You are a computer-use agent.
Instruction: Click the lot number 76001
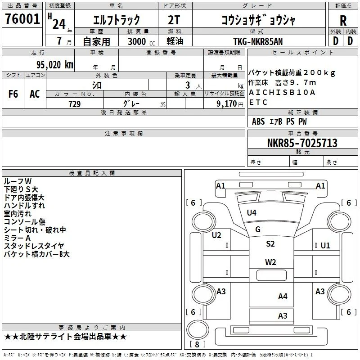pos(22,19)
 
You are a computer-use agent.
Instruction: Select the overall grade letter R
pos(343,21)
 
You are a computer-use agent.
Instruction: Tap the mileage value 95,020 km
pos(55,65)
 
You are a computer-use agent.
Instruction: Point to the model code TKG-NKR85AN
pos(258,41)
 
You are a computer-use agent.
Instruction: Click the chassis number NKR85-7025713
pos(302,143)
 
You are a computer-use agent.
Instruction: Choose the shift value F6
pos(13,94)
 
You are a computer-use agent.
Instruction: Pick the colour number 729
pos(75,104)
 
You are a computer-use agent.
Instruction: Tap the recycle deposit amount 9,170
pos(227,103)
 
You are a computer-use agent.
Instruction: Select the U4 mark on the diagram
pos(252,213)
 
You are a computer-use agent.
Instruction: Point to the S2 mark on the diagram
pos(270,243)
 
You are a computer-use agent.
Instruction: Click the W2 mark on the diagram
pos(270,262)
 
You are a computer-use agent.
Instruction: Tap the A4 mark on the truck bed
pos(283,297)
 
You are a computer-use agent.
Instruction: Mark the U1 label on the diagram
pos(325,246)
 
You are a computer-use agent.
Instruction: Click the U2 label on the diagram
pos(216,235)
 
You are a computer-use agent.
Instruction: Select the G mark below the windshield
pos(258,229)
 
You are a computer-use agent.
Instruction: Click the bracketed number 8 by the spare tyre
pos(197,344)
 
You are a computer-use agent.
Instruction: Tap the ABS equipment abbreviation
pos(258,121)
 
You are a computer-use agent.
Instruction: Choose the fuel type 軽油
pos(175,41)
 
